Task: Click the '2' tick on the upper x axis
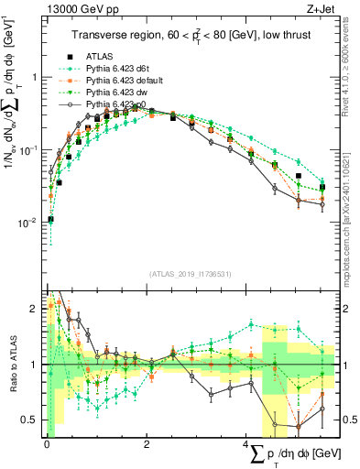147,289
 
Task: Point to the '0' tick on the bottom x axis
47,443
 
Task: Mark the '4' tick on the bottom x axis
247,443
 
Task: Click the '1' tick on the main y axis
35,78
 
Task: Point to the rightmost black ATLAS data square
322,187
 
